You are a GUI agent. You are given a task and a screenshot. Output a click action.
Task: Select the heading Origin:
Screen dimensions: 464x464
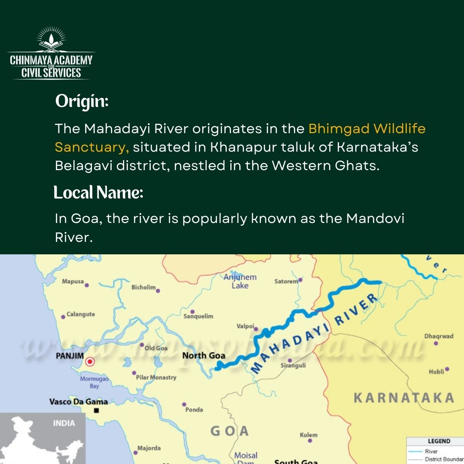(82, 102)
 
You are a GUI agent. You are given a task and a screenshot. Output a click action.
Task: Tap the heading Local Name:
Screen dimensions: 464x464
(98, 192)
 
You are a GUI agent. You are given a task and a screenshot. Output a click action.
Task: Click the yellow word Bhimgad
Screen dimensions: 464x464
(339, 128)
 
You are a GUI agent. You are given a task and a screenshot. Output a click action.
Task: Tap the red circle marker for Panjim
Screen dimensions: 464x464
(90, 362)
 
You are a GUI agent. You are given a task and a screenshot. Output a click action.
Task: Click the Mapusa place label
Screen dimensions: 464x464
(73, 281)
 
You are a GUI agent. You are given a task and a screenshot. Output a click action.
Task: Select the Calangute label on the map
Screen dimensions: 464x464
(81, 314)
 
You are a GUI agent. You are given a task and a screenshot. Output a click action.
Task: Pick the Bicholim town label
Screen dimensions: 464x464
(143, 287)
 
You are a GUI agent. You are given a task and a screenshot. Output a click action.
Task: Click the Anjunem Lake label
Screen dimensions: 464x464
(240, 281)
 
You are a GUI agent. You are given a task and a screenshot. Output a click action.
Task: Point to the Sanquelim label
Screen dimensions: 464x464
(198, 316)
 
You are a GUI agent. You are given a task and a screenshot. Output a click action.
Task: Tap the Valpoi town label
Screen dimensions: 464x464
(245, 326)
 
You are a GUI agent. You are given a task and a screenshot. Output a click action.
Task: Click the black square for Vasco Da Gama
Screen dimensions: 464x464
(96, 411)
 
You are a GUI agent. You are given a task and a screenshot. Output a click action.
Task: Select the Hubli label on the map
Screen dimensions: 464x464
(436, 372)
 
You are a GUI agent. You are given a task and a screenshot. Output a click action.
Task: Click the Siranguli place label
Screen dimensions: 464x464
(293, 366)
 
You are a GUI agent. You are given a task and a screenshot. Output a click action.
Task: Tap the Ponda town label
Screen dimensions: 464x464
(194, 409)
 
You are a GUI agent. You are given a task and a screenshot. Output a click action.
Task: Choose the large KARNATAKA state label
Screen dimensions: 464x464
(403, 398)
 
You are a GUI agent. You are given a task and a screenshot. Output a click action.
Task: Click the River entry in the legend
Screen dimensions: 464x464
(431, 451)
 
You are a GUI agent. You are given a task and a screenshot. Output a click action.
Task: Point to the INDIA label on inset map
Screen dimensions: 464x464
(64, 423)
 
